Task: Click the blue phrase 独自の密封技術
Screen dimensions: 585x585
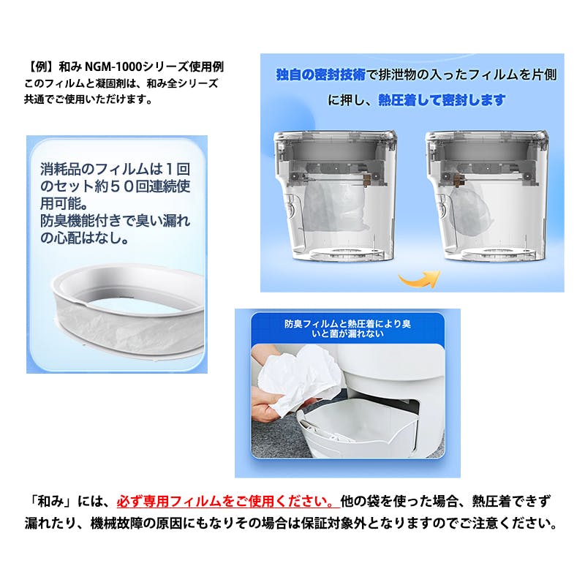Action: click(x=321, y=75)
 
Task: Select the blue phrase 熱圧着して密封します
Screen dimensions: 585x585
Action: click(x=442, y=100)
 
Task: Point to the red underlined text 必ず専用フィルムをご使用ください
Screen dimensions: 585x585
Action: click(x=228, y=501)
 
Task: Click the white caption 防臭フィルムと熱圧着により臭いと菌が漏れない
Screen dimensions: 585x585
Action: click(x=347, y=328)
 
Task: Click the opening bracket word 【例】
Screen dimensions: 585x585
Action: click(x=43, y=67)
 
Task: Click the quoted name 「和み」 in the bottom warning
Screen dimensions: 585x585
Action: click(x=51, y=501)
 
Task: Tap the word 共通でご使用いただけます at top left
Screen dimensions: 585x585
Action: click(x=88, y=99)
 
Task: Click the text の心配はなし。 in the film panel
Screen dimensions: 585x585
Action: click(x=85, y=238)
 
